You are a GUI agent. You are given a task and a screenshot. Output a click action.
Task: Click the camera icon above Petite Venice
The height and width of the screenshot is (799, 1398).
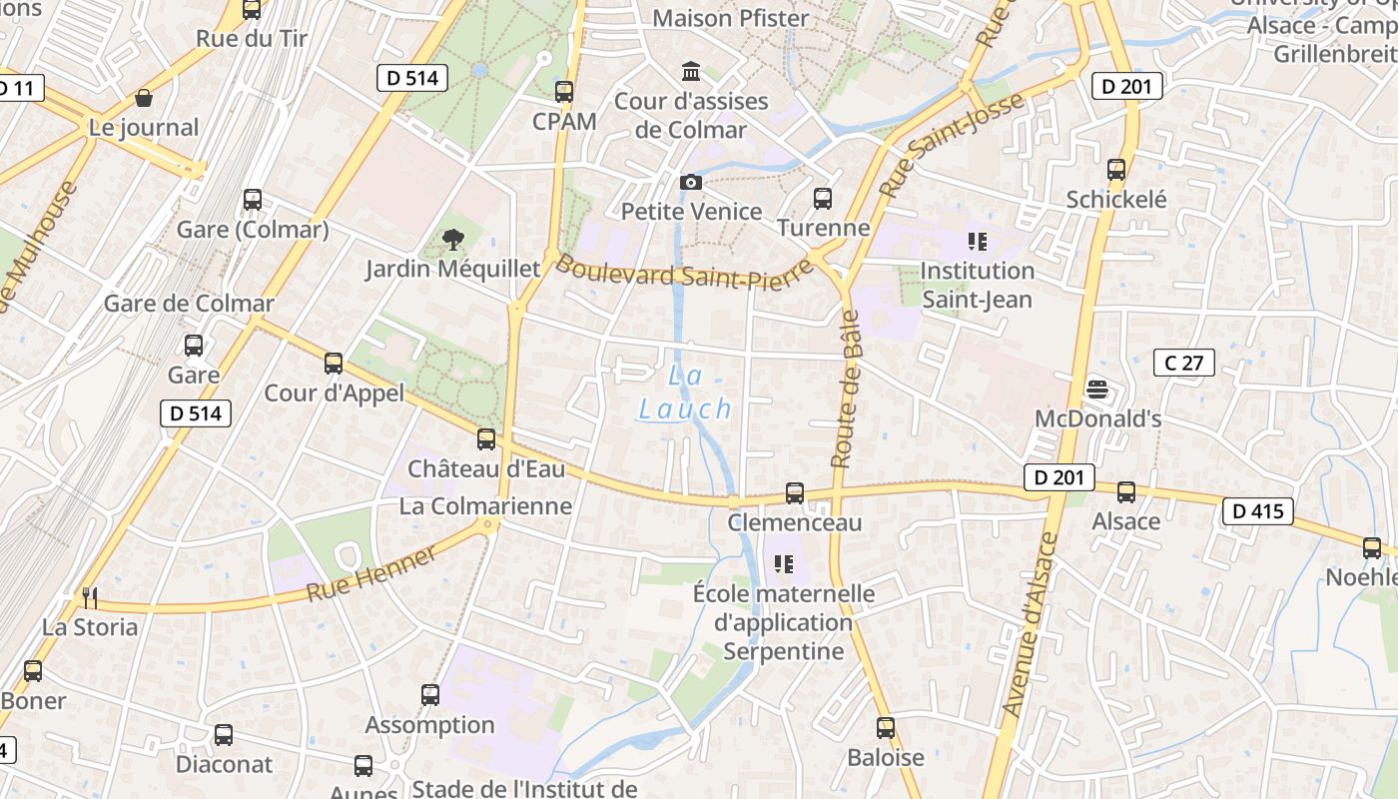tap(690, 182)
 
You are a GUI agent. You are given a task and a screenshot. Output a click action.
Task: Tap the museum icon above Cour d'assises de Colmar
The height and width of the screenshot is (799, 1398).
tap(690, 71)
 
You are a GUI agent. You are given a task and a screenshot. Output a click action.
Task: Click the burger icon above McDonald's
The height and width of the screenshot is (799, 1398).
tap(1097, 389)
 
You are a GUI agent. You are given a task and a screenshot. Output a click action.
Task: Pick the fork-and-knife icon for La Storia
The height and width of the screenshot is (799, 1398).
tap(90, 597)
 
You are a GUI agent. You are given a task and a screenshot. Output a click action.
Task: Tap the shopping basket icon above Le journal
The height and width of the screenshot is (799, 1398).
tap(144, 98)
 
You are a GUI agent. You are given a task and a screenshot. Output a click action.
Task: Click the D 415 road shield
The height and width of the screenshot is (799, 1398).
tap(1257, 511)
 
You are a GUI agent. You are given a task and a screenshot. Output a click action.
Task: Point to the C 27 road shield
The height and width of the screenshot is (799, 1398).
tap(1183, 363)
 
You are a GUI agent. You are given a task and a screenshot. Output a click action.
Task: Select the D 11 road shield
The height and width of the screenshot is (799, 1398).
tap(16, 88)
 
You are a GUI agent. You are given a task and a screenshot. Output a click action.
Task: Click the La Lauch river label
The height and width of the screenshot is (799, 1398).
tap(686, 393)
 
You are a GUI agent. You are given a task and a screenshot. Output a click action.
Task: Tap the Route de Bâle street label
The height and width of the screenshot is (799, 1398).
tap(845, 390)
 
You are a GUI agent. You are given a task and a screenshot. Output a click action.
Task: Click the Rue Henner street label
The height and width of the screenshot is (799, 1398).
tap(370, 575)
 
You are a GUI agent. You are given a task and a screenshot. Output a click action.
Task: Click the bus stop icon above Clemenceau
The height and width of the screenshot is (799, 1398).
tap(795, 492)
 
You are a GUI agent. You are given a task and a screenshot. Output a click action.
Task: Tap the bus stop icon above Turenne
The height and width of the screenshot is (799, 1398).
tap(823, 199)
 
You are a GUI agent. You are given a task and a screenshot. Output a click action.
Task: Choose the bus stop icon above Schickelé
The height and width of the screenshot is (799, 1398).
tap(1116, 170)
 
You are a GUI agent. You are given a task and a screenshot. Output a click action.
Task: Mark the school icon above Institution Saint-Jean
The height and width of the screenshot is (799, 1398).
tap(977, 242)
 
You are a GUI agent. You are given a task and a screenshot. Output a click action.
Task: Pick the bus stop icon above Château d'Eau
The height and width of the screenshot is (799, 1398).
tap(486, 438)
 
